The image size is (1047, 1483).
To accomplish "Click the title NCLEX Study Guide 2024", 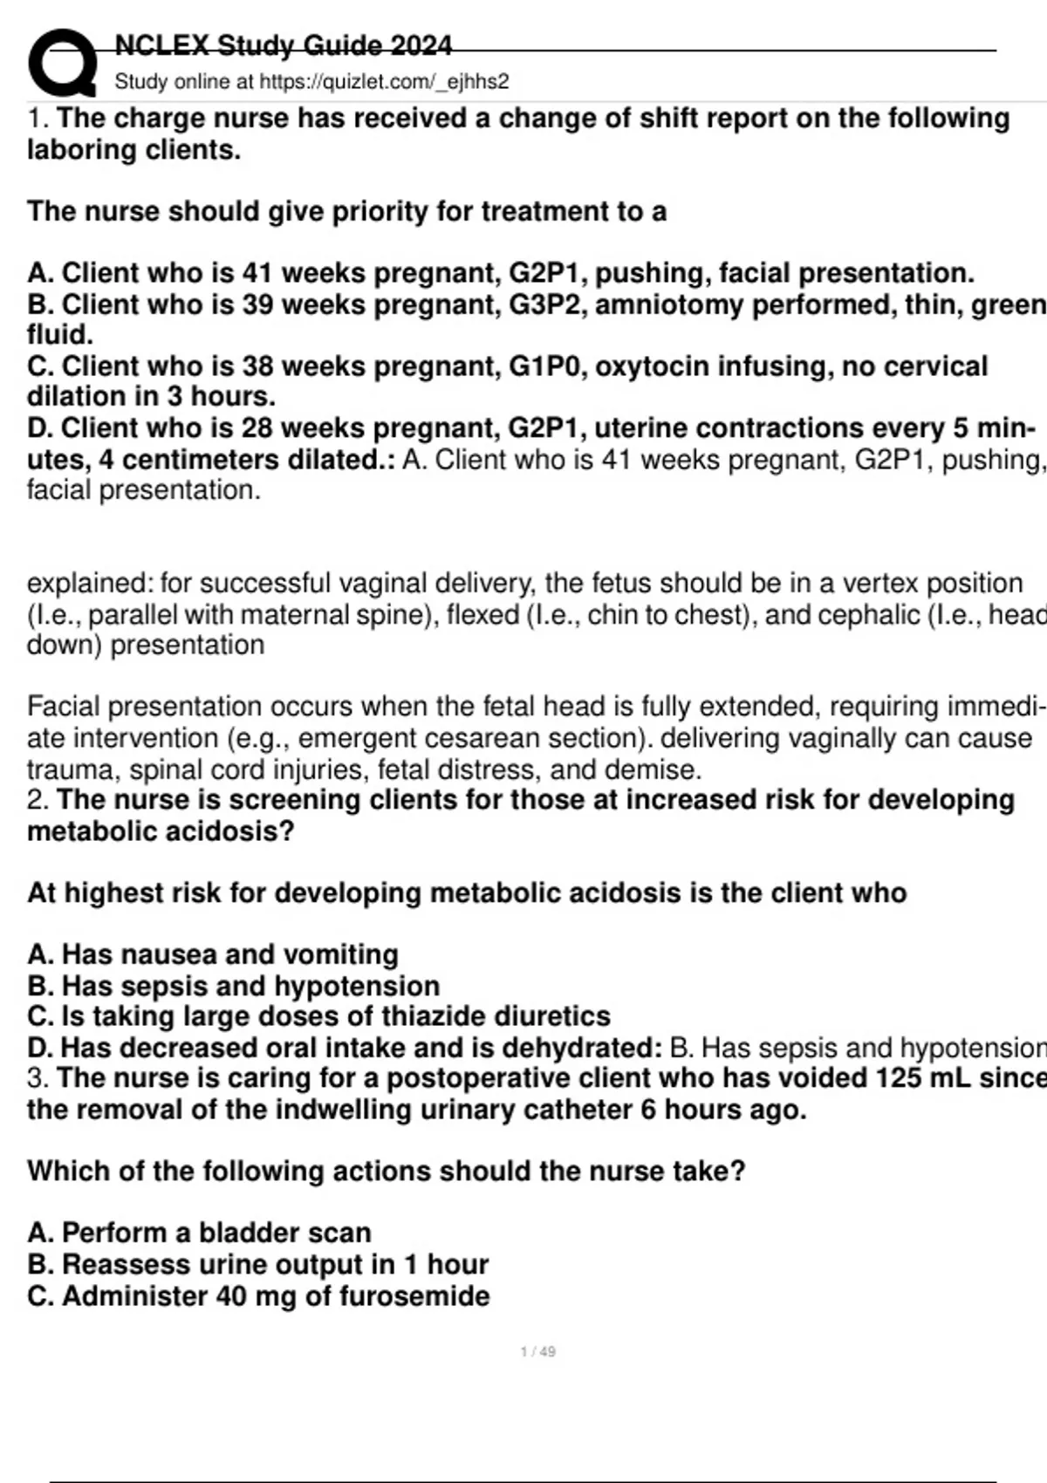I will (284, 45).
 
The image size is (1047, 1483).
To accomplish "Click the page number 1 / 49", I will (537, 1351).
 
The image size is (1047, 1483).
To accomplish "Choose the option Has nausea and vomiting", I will (229, 954).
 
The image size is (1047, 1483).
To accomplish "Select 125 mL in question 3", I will (920, 1078).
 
